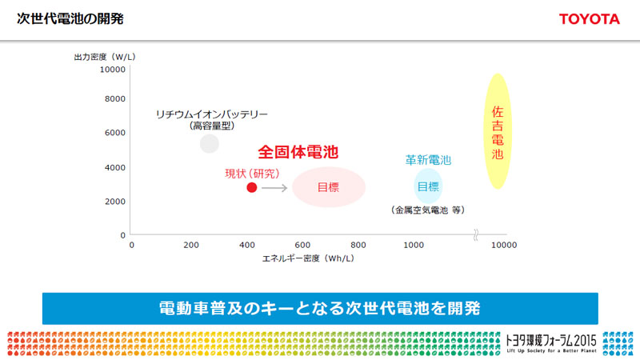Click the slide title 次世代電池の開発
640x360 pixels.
pyautogui.click(x=70, y=18)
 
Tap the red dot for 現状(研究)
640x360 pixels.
pyautogui.click(x=251, y=188)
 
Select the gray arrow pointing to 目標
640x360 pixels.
pyautogui.click(x=274, y=188)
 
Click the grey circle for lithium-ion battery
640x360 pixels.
pyautogui.click(x=210, y=143)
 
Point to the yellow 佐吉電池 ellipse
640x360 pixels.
pyautogui.click(x=498, y=131)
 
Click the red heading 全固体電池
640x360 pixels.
pyautogui.click(x=298, y=151)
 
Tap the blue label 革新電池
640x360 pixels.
pyautogui.click(x=428, y=160)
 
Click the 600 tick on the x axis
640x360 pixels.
pyautogui.click(x=302, y=245)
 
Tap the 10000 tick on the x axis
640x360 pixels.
pyautogui.click(x=503, y=245)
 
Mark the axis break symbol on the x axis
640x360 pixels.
pyautogui.click(x=476, y=235)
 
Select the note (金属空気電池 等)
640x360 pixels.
pyautogui.click(x=428, y=210)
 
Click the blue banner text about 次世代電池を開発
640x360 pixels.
pyautogui.click(x=319, y=307)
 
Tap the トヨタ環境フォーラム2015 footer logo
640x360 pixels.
pyautogui.click(x=552, y=342)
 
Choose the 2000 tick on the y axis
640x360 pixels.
pyautogui.click(x=115, y=201)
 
